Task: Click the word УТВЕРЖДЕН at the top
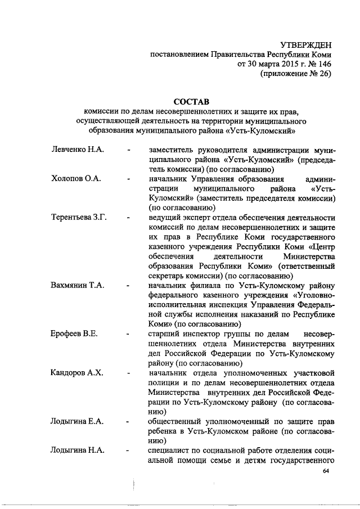click(306, 44)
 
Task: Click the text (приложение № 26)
click(295, 75)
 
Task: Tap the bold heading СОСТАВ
click(191, 102)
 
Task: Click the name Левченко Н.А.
click(75, 150)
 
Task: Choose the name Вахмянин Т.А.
click(76, 285)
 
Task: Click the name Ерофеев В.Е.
click(74, 334)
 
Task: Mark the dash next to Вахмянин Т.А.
click(129, 286)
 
